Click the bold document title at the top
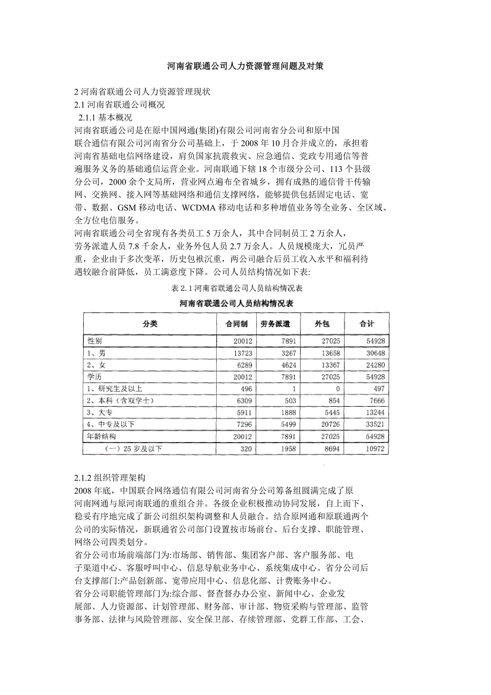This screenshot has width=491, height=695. coord(245,67)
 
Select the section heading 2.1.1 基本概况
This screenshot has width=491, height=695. coord(105,117)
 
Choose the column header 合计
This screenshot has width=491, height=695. coord(367,324)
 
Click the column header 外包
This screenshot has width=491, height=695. coord(322,324)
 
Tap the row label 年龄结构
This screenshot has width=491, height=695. coord(101,436)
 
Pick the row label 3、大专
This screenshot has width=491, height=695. coord(98,412)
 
